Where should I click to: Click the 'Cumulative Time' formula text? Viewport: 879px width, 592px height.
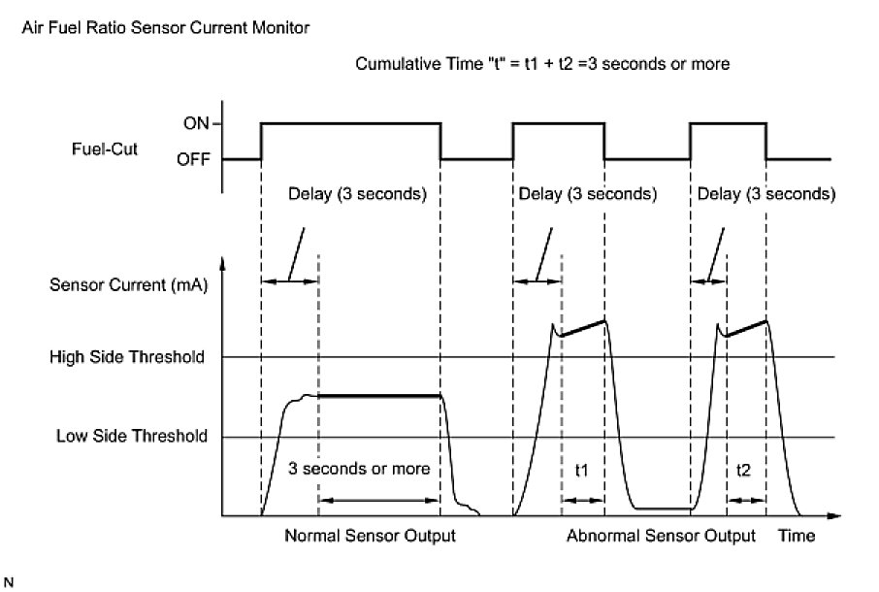(542, 65)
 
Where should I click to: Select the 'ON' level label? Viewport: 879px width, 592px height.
(197, 123)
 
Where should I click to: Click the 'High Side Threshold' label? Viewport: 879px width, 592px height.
(126, 357)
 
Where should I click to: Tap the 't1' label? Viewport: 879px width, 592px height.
(581, 470)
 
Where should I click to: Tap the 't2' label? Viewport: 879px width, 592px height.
(744, 470)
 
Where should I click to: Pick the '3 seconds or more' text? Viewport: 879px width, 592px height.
(359, 469)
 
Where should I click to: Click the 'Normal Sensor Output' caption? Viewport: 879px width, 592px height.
(369, 536)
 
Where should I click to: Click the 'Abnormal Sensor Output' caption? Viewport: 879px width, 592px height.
(661, 536)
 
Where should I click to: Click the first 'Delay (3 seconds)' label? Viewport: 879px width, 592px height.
(357, 193)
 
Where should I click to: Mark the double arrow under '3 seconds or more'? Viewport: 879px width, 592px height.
(379, 500)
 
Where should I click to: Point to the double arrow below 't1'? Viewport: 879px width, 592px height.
(582, 500)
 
